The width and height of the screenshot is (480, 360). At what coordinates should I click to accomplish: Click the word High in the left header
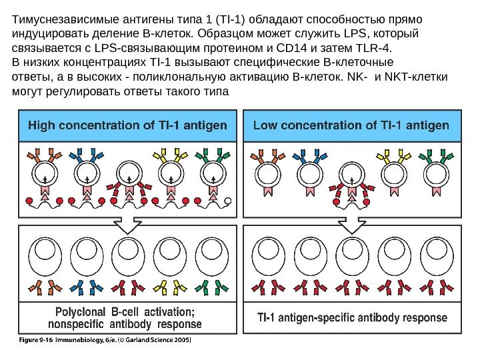coord(41,125)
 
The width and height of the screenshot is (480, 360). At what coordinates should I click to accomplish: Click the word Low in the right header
coord(265,125)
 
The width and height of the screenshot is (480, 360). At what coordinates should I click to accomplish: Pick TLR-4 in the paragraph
coord(373,49)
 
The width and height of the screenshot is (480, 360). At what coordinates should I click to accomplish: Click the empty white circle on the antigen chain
coord(228,201)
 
